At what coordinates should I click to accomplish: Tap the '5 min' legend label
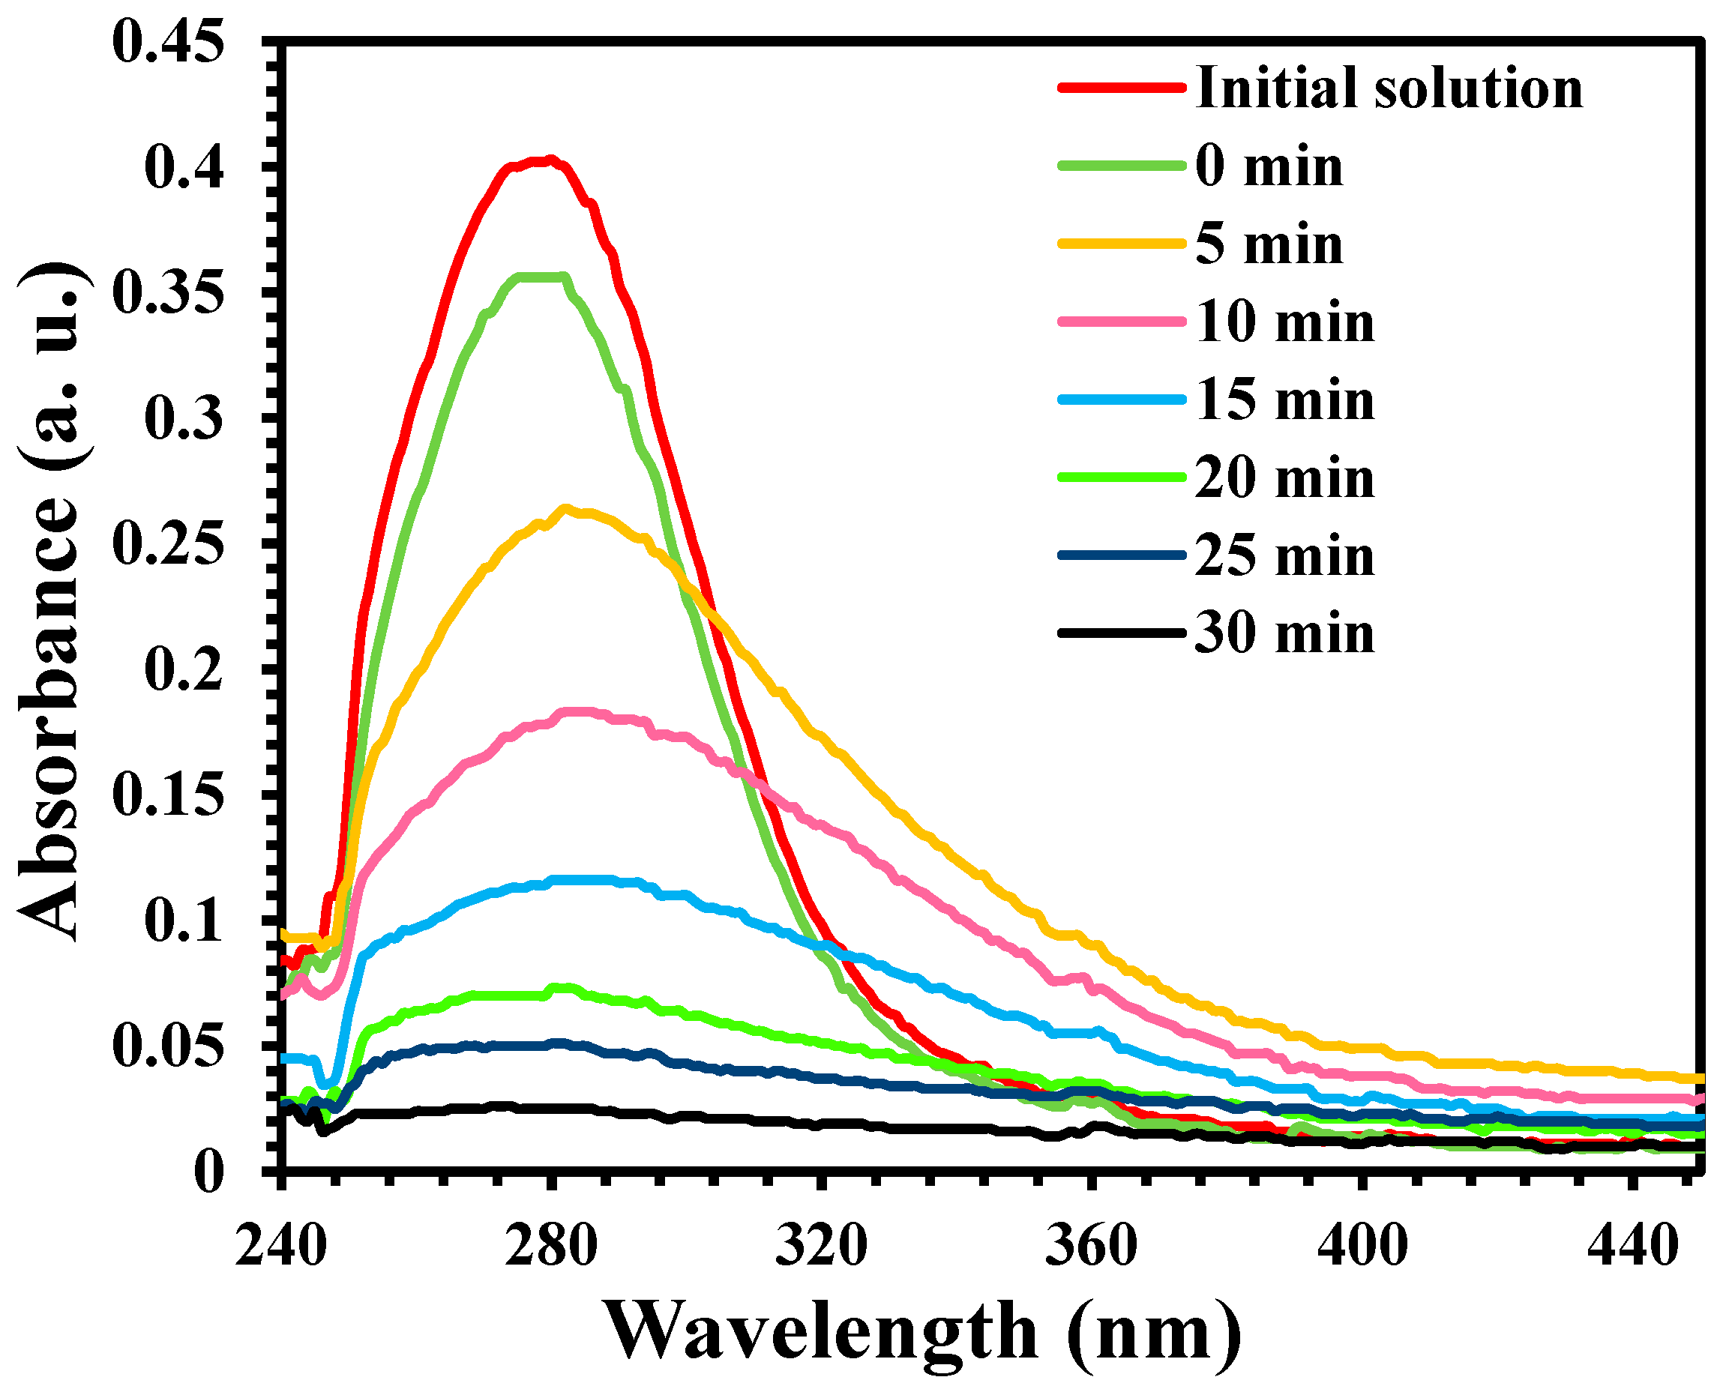1269,244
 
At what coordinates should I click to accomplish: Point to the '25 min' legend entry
1284,555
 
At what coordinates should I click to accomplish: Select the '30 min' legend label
1284,633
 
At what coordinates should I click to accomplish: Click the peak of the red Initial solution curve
550,160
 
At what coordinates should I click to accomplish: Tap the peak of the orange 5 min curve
566,508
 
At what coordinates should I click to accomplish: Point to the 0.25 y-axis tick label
166,543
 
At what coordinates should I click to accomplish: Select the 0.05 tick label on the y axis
166,1046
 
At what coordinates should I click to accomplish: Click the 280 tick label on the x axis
551,1246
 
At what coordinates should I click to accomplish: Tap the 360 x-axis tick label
1092,1246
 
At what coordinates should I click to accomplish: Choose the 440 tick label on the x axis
1632,1246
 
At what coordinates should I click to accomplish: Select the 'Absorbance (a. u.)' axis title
49,601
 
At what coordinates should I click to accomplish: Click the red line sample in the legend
1121,88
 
